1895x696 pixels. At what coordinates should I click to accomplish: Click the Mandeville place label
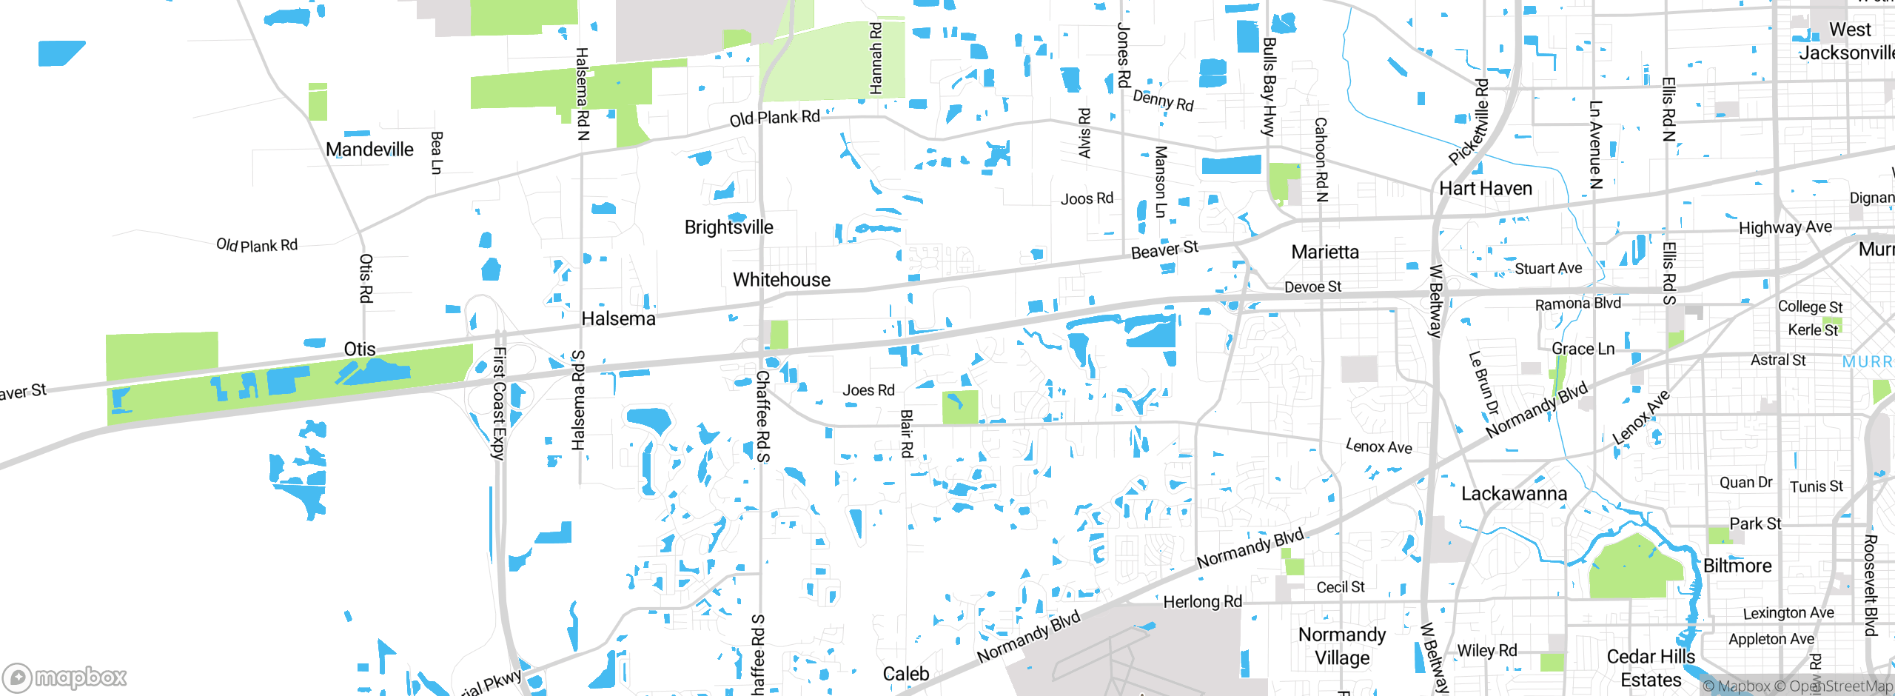click(x=369, y=150)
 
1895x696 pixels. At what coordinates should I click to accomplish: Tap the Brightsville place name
click(x=728, y=227)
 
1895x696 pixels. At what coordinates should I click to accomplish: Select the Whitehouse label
click(x=781, y=280)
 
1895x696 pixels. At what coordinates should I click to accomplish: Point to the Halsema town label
click(x=618, y=319)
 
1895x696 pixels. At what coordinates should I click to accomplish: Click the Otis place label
click(x=360, y=349)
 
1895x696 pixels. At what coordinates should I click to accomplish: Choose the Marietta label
click(x=1325, y=252)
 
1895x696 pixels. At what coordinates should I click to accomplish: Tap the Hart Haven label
click(x=1485, y=189)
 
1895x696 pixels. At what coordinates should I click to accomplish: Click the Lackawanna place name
click(x=1514, y=494)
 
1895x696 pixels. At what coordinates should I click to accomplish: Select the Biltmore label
click(x=1737, y=566)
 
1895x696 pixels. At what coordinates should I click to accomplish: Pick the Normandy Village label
click(x=1342, y=646)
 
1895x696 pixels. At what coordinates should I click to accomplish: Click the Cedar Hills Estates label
click(x=1651, y=668)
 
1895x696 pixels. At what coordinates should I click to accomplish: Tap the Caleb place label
click(x=906, y=674)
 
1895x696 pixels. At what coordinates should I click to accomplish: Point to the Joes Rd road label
click(x=868, y=390)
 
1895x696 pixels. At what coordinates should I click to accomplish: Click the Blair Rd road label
click(x=907, y=433)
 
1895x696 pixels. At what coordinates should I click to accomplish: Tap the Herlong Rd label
click(x=1202, y=602)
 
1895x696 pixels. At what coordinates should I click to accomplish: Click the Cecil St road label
click(x=1340, y=587)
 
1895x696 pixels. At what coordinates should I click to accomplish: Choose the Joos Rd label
click(x=1087, y=198)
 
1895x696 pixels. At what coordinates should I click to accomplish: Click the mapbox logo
click(x=65, y=677)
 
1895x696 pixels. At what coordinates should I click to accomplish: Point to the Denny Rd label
click(x=1163, y=101)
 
